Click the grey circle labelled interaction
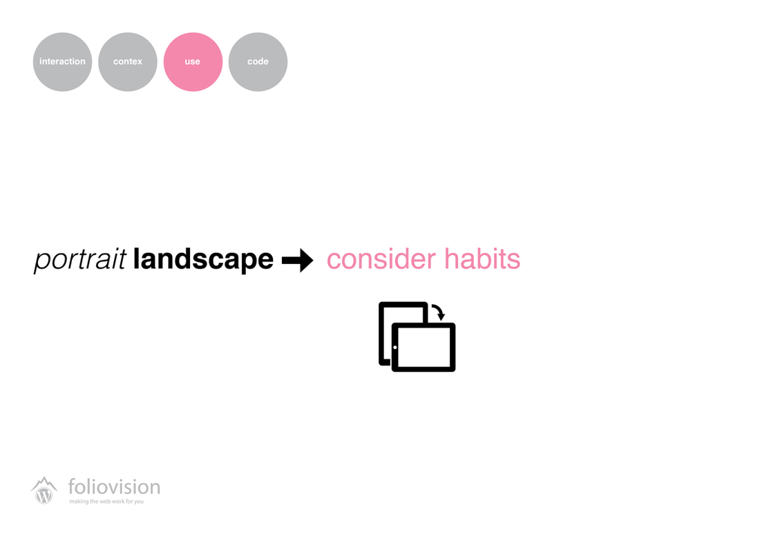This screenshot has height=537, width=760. pyautogui.click(x=62, y=62)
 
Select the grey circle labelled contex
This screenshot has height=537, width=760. pyautogui.click(x=128, y=62)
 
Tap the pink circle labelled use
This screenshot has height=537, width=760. pyautogui.click(x=193, y=62)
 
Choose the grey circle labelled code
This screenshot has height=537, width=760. pyautogui.click(x=258, y=62)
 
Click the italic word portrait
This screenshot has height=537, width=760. pyautogui.click(x=80, y=260)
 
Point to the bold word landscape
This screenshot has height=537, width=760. pyautogui.click(x=203, y=259)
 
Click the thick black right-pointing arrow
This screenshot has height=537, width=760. pyautogui.click(x=298, y=261)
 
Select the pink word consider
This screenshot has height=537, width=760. pyautogui.click(x=381, y=258)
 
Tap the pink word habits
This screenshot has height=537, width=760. pyautogui.click(x=482, y=258)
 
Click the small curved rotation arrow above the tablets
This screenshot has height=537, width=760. pyautogui.click(x=439, y=310)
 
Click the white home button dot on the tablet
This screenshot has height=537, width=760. pyautogui.click(x=395, y=348)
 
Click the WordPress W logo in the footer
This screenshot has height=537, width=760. pyautogui.click(x=44, y=496)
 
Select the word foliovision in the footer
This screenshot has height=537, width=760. pyautogui.click(x=115, y=487)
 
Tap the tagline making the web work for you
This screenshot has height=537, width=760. pyautogui.click(x=106, y=501)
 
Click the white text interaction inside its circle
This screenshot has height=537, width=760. pyautogui.click(x=62, y=62)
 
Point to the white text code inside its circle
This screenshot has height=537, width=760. pyautogui.click(x=258, y=62)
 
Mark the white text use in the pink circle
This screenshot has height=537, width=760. pyautogui.click(x=193, y=62)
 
